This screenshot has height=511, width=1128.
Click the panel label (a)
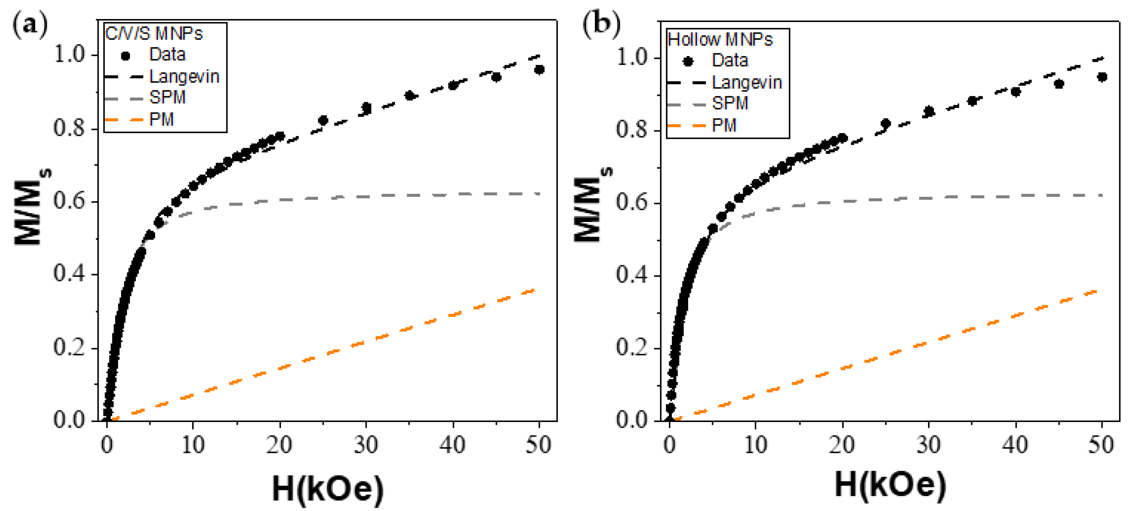point(30,25)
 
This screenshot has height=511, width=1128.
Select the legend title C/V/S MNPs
point(154,33)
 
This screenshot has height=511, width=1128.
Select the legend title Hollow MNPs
point(720,39)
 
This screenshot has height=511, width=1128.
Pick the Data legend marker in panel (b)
point(688,61)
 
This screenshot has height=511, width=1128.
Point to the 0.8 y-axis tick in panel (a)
point(69,128)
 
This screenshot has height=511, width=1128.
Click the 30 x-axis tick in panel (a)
point(366,445)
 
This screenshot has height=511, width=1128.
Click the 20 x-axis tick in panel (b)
point(842,445)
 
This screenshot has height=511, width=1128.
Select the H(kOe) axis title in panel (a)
point(328,488)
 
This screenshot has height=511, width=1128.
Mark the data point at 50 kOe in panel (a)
point(540,70)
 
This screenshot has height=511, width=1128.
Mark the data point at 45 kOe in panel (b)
point(1059,84)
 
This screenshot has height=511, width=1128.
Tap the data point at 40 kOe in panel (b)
point(1015,92)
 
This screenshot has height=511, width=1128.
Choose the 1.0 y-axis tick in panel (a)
point(69,55)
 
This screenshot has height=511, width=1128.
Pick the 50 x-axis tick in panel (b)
point(1101,445)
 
